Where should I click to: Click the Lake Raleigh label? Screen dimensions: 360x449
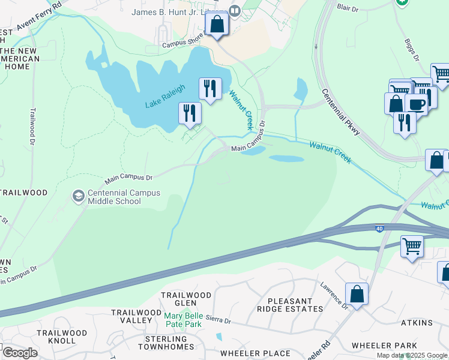164,97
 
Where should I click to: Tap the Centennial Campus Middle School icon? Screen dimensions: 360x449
78,196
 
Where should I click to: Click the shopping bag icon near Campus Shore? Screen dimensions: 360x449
217,25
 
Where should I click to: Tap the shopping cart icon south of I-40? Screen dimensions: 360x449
412,245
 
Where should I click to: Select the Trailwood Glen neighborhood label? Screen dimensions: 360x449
185,299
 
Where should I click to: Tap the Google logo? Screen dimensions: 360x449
19,353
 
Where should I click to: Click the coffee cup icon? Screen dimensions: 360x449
415,104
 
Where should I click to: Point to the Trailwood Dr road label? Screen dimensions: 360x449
31,125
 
